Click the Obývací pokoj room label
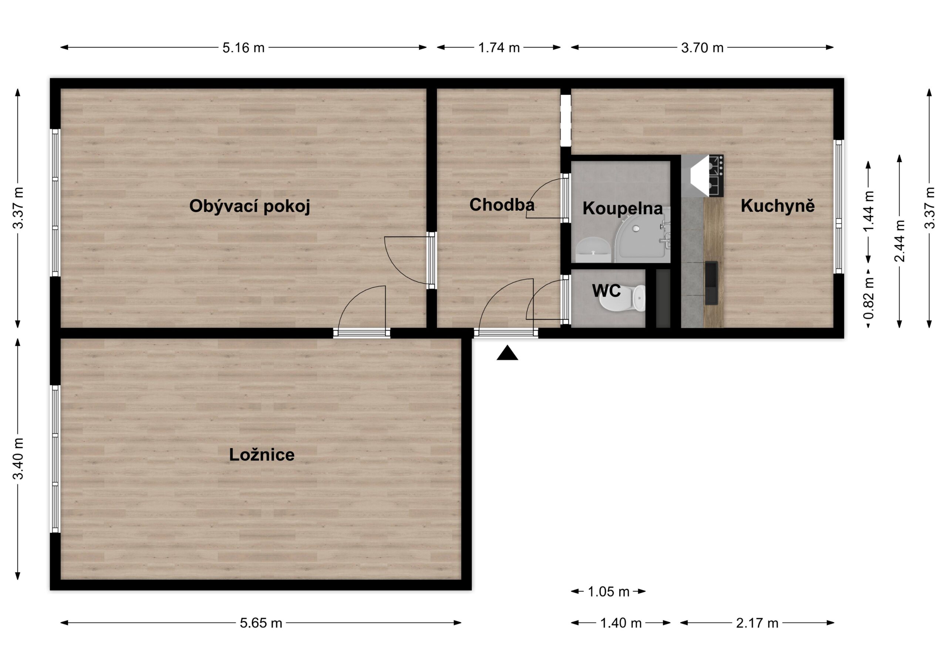click(250, 206)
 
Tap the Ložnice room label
click(262, 455)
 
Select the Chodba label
click(502, 205)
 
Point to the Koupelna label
click(623, 208)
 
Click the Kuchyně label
click(778, 205)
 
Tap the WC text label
click(606, 291)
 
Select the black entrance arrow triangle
click(507, 354)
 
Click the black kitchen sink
click(711, 283)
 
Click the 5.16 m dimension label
click(243, 48)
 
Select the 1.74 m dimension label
click(499, 48)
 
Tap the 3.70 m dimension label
click(702, 48)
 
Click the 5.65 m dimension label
click(261, 623)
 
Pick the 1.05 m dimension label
click(609, 592)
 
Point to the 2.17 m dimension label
click(757, 623)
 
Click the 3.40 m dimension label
click(18, 459)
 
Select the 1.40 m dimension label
click(621, 623)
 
